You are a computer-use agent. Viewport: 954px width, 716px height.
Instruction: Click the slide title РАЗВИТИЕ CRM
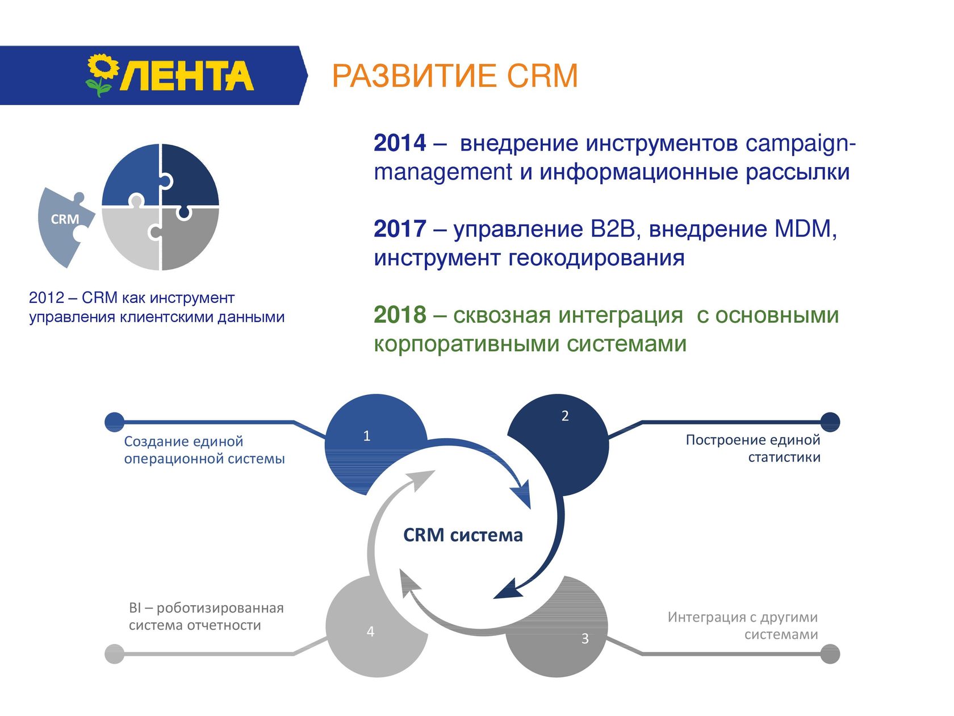(455, 76)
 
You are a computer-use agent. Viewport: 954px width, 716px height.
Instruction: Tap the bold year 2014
(400, 143)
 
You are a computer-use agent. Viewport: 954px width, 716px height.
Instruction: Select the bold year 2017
(400, 228)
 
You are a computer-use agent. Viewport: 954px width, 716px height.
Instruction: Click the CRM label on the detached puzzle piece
(65, 219)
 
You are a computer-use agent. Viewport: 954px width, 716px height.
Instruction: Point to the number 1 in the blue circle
(366, 436)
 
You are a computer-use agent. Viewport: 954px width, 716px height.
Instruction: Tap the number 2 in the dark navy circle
(564, 415)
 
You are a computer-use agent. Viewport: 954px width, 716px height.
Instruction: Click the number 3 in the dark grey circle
(585, 638)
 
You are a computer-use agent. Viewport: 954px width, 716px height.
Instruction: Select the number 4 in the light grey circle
(370, 631)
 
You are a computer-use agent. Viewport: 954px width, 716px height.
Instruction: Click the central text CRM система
(463, 535)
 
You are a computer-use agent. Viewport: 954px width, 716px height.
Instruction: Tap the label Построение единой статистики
(753, 448)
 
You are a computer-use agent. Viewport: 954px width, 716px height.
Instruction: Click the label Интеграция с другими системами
(743, 626)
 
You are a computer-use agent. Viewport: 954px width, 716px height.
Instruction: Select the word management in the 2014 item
(443, 173)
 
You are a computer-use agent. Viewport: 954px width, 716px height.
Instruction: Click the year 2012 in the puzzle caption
(47, 298)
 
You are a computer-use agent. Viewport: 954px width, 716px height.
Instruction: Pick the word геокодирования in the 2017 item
(596, 258)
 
